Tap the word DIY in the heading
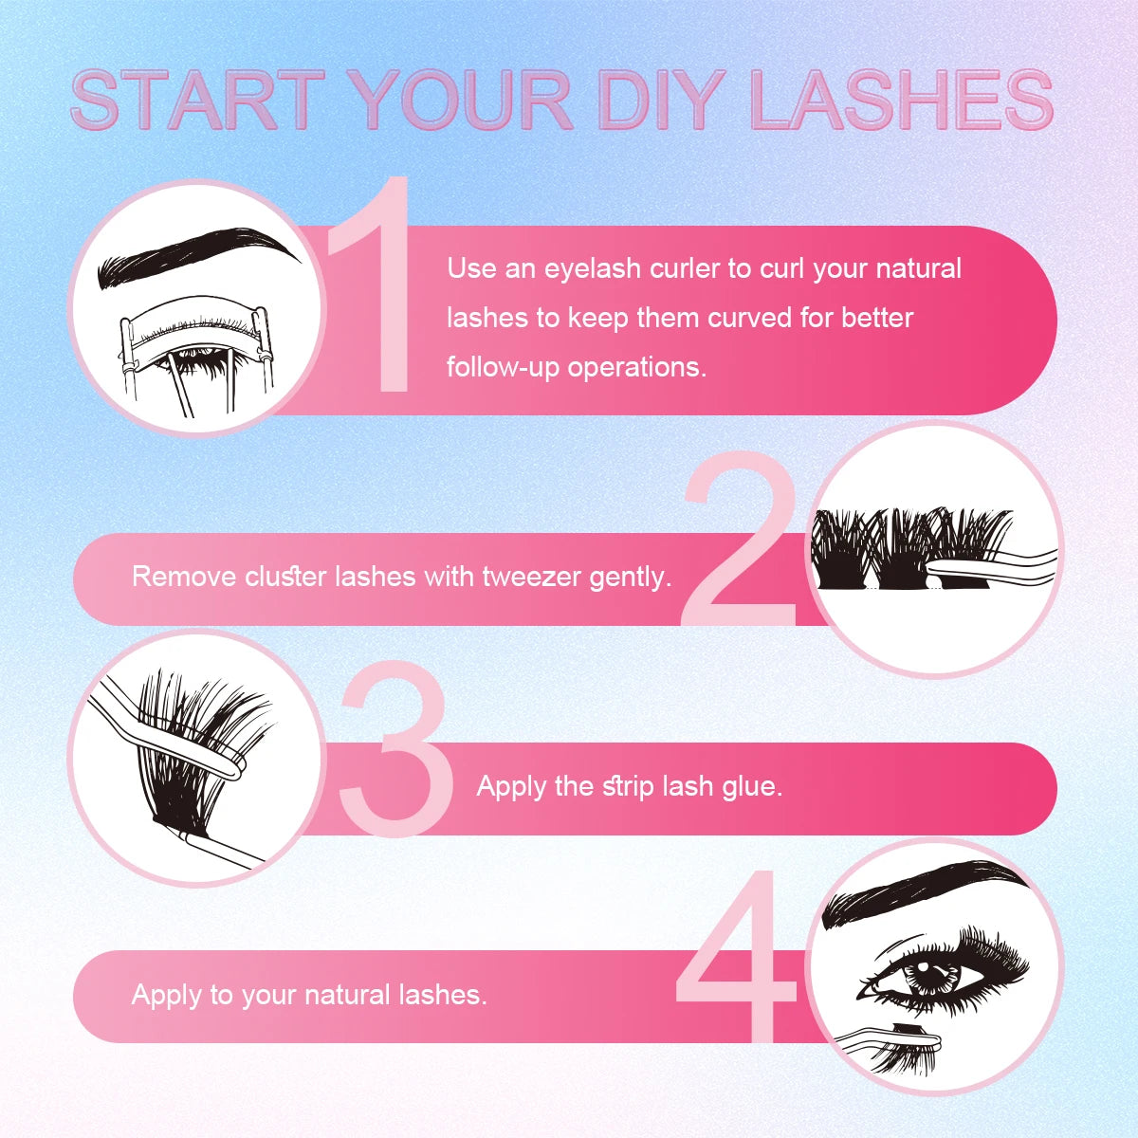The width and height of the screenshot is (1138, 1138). pyautogui.click(x=659, y=100)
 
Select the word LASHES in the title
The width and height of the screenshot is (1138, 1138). pyautogui.click(x=901, y=100)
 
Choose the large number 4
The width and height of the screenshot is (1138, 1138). pyautogui.click(x=735, y=958)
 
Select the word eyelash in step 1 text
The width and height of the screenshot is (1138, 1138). pyautogui.click(x=593, y=269)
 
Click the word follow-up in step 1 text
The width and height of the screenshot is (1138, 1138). pyautogui.click(x=504, y=366)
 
